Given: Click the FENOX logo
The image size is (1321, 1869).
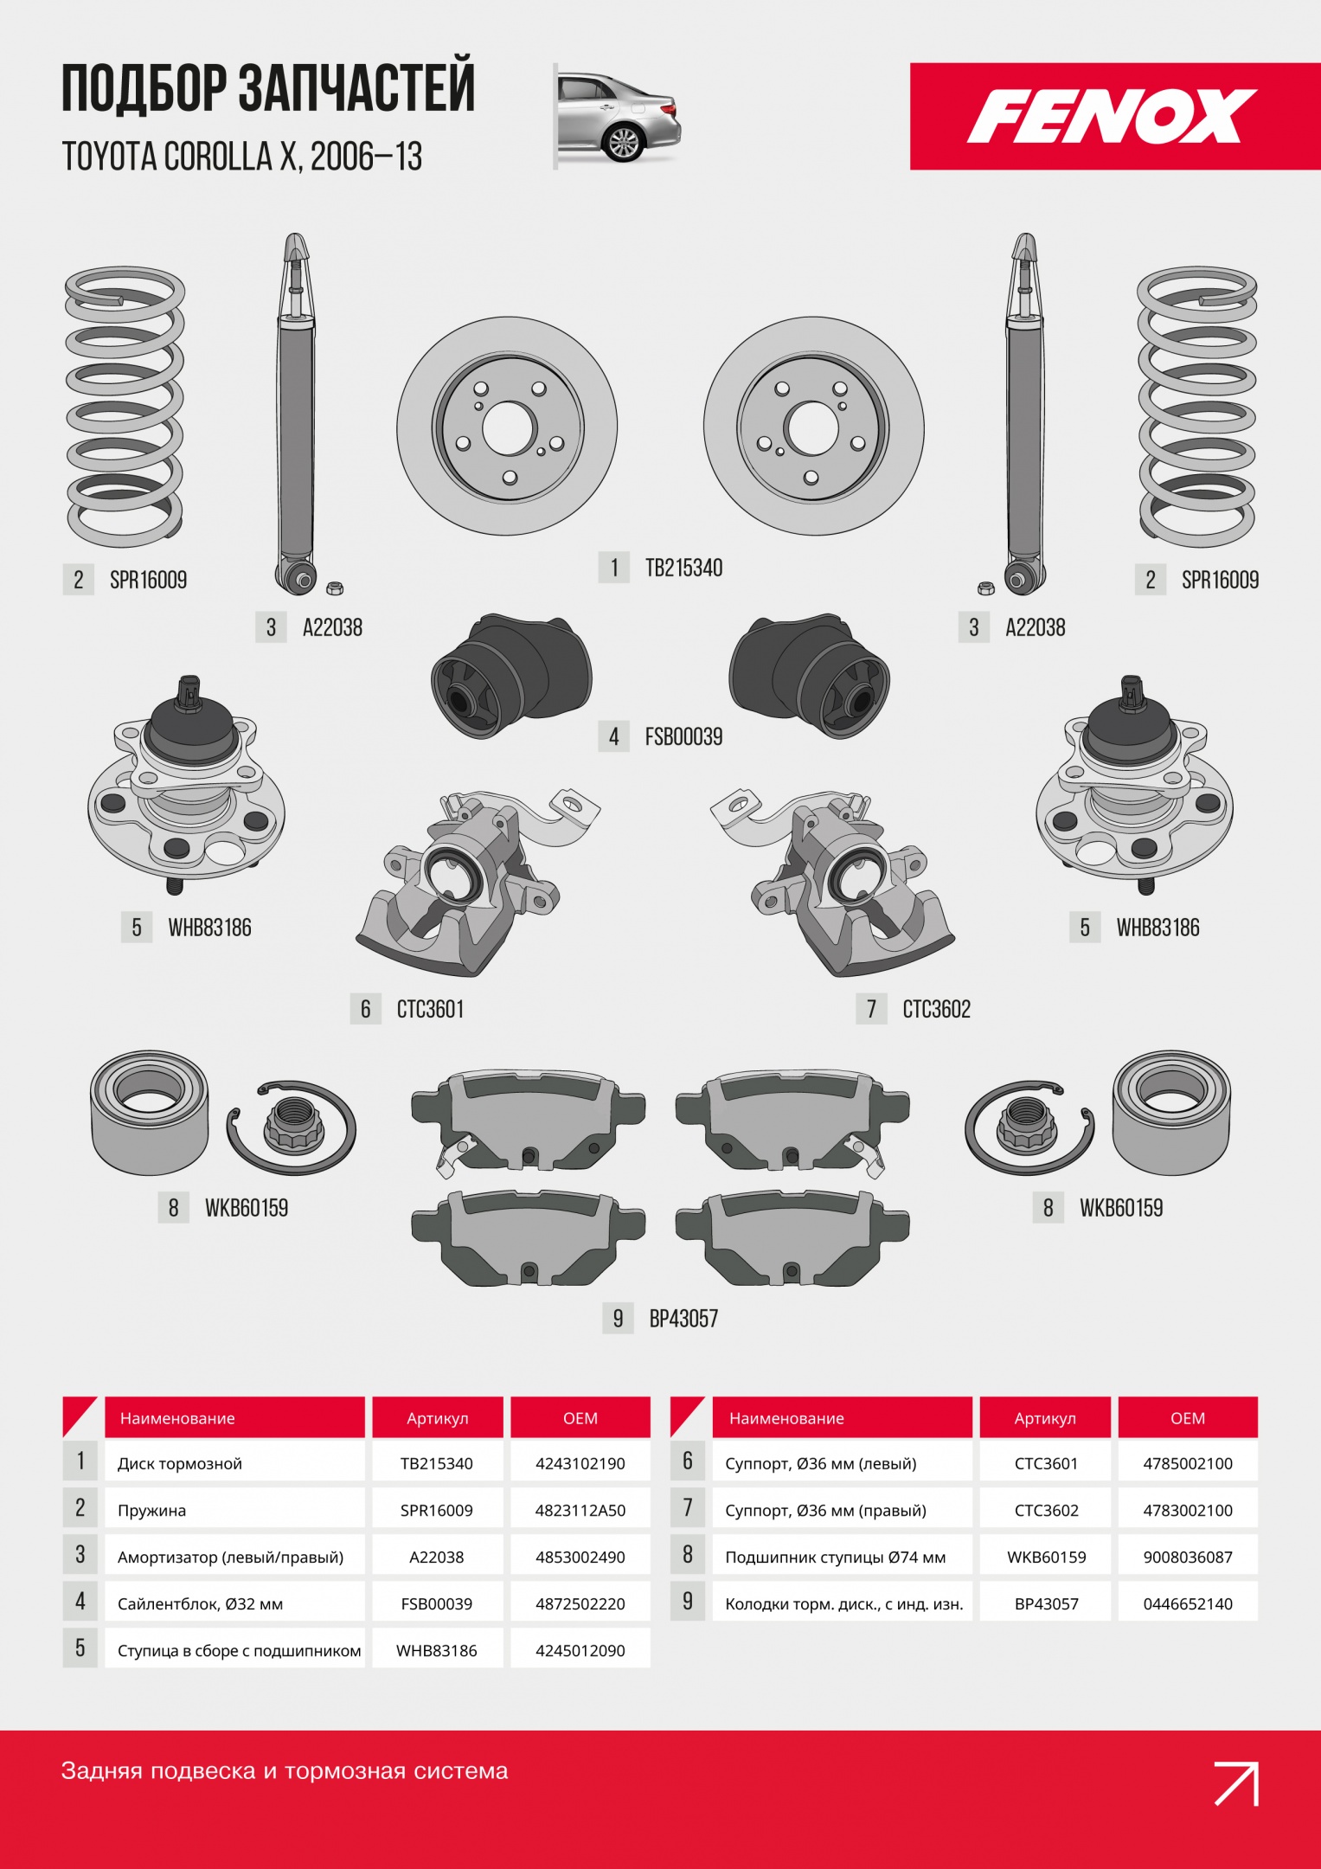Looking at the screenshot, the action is (x=1112, y=116).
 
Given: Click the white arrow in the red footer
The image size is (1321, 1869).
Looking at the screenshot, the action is (x=1236, y=1783).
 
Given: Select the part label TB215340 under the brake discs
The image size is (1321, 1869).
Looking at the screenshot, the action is (x=683, y=568).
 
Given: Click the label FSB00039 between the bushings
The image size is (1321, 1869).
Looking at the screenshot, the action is (x=683, y=736).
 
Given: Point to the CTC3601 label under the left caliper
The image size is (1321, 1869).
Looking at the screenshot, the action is (x=430, y=1009).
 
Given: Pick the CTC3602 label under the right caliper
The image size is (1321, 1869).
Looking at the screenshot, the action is (x=936, y=1009).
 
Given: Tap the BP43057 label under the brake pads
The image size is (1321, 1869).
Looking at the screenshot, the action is (x=683, y=1319).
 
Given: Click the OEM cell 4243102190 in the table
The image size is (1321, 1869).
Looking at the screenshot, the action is (x=580, y=1463).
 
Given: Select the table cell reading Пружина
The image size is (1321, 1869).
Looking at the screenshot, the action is (x=151, y=1510).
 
